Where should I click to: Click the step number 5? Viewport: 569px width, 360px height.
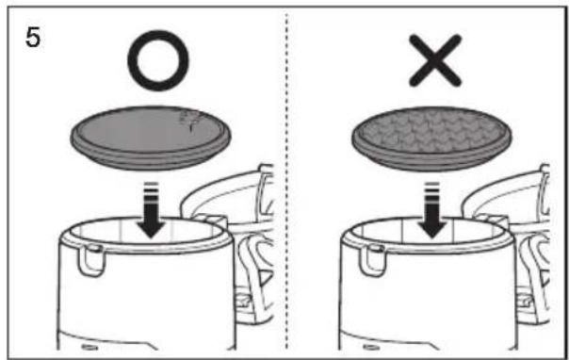click(x=33, y=38)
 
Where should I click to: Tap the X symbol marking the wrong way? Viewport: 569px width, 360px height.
click(x=435, y=60)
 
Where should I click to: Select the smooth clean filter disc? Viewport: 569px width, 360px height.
click(x=151, y=139)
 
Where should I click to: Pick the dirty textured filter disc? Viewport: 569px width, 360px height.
click(x=431, y=139)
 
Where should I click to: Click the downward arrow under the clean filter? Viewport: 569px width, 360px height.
click(x=151, y=210)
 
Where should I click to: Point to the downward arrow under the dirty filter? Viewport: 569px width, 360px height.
click(x=431, y=210)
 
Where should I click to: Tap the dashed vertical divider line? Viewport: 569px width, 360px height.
click(x=286, y=182)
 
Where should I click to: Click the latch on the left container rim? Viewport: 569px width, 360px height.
click(x=90, y=260)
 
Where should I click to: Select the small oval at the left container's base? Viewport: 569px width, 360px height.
click(x=89, y=348)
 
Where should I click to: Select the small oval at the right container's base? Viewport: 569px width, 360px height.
click(x=370, y=348)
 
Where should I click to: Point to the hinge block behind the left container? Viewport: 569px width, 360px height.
click(x=210, y=220)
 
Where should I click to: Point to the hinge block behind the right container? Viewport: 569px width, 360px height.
click(x=492, y=220)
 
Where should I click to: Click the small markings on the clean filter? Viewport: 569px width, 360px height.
click(x=189, y=121)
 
